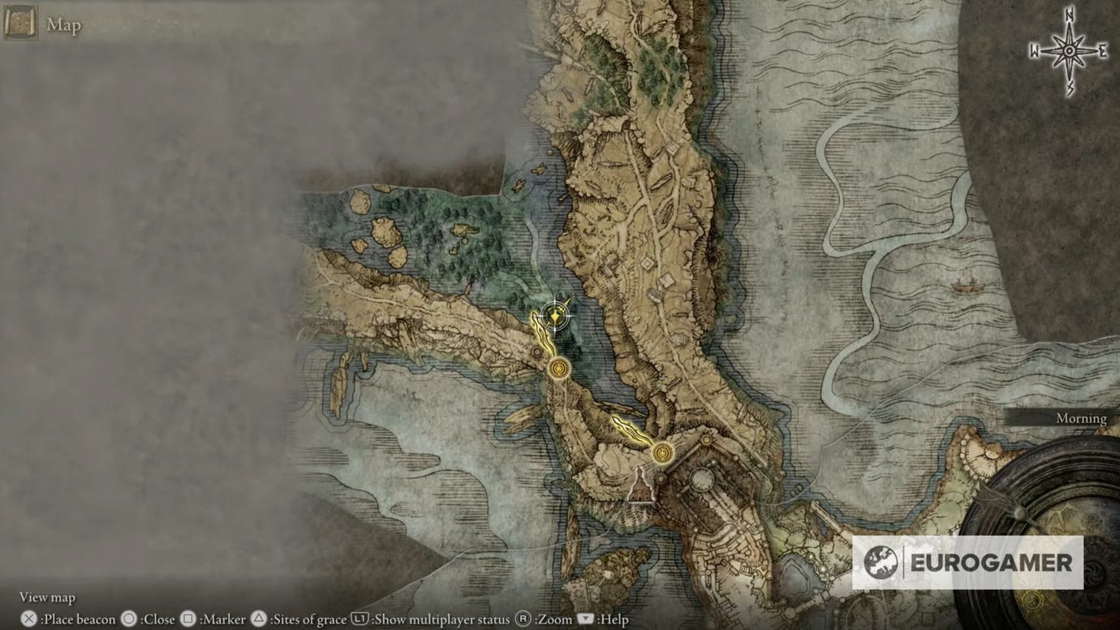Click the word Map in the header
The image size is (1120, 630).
(63, 25)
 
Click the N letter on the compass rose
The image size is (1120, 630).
(1069, 15)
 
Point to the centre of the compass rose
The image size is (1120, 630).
(1069, 51)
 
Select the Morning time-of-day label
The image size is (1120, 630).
(1081, 418)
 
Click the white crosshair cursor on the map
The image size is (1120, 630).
(555, 317)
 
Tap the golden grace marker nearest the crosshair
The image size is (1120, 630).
(558, 369)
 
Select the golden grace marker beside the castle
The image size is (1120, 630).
(663, 451)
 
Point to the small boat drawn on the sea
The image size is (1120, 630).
(964, 286)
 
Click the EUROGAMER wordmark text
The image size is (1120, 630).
(990, 563)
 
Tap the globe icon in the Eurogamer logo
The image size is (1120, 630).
(881, 563)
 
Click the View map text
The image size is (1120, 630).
(47, 598)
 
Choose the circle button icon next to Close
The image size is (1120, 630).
(128, 619)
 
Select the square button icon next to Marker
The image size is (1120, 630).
(187, 619)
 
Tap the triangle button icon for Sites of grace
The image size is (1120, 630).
(259, 619)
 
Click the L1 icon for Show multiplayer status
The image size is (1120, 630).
(360, 619)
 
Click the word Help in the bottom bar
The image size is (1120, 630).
(612, 619)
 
